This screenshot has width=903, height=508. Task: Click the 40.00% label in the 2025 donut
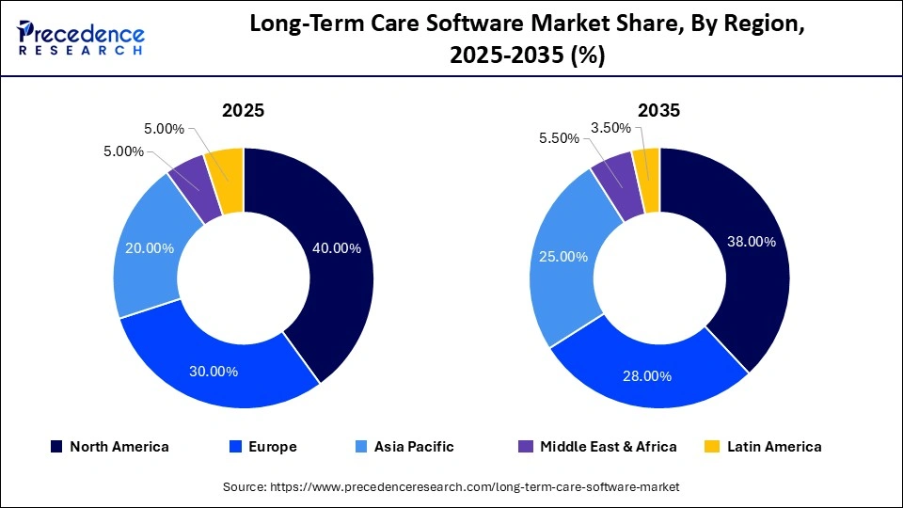tap(336, 248)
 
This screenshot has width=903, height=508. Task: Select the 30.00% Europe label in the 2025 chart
tap(214, 371)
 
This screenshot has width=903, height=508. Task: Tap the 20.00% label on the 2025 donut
tap(150, 248)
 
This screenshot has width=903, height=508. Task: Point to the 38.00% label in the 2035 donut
tap(752, 242)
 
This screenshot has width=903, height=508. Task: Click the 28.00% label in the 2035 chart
tap(647, 376)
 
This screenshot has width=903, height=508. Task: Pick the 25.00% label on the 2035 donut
tap(564, 257)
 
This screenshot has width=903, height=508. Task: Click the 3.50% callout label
tap(610, 127)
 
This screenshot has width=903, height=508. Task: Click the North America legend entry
tap(110, 447)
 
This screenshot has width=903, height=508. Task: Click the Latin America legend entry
tap(763, 447)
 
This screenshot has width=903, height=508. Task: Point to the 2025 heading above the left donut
tap(243, 110)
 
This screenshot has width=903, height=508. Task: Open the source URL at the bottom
tap(451, 486)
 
